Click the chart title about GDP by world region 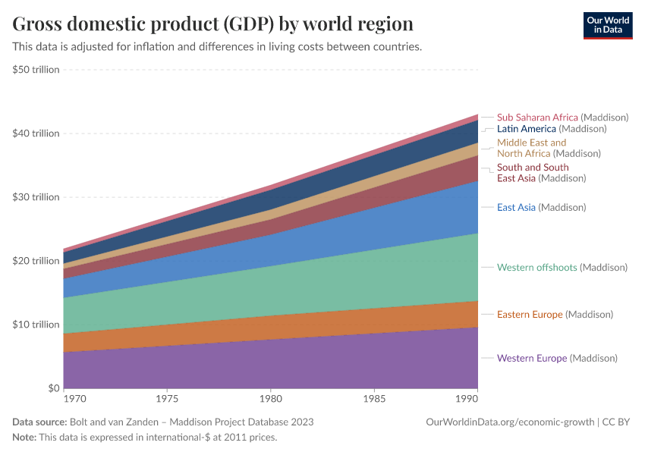point(212,24)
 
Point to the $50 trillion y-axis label point(36,70)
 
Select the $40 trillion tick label point(36,133)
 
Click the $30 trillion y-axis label point(36,197)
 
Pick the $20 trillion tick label point(36,261)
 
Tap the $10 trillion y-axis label point(36,325)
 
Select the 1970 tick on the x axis point(74,398)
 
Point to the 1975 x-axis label point(167,398)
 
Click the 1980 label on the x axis point(271,398)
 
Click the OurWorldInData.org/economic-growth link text point(510,422)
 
